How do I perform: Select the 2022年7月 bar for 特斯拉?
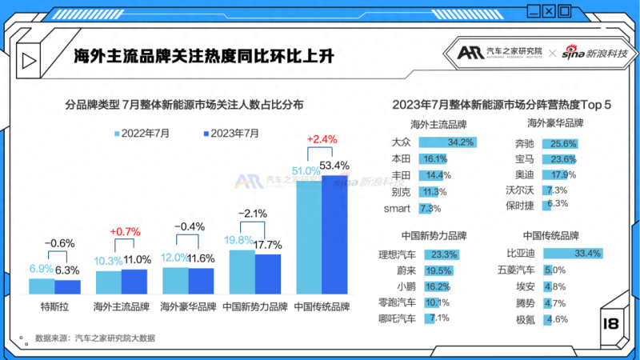pos(42,286)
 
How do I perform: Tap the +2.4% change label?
pos(321,139)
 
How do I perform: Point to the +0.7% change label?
pos(121,232)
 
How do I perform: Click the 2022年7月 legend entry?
pos(142,133)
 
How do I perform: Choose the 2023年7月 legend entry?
pos(231,133)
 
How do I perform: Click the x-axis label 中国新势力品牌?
pos(254,306)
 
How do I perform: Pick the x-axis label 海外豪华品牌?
pos(188,306)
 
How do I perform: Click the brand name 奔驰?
pos(525,144)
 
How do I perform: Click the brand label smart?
pos(397,208)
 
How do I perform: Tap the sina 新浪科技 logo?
pos(594,53)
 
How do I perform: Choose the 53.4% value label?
pos(334,166)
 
